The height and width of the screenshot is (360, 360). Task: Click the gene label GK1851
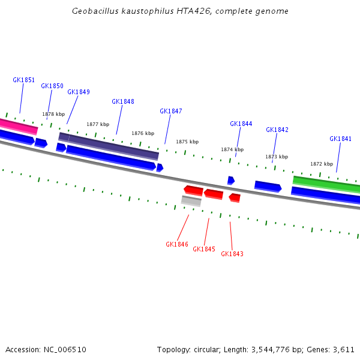(23, 80)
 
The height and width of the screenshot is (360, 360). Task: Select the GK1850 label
(52, 86)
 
